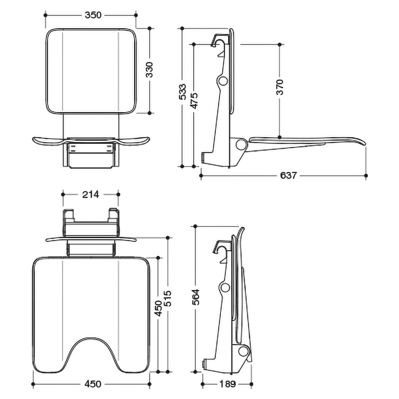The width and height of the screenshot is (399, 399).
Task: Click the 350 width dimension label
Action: (x=93, y=15)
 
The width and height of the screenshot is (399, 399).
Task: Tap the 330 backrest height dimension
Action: (x=149, y=70)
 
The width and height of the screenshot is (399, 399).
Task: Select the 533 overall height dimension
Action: (x=182, y=92)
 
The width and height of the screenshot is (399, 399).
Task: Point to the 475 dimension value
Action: (x=194, y=101)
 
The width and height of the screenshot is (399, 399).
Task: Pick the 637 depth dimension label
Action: (x=288, y=176)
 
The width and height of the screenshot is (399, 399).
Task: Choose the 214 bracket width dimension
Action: (x=90, y=194)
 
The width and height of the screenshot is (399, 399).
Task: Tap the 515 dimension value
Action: (x=168, y=298)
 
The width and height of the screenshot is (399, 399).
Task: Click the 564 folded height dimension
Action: (x=196, y=297)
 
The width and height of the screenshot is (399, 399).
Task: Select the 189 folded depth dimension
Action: (x=228, y=384)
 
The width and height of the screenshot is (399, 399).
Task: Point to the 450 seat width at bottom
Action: (x=93, y=384)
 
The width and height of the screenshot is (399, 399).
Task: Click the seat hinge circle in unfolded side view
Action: (x=241, y=144)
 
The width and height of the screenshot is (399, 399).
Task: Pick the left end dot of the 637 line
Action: (x=201, y=176)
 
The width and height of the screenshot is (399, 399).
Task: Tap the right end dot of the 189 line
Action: (x=251, y=384)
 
